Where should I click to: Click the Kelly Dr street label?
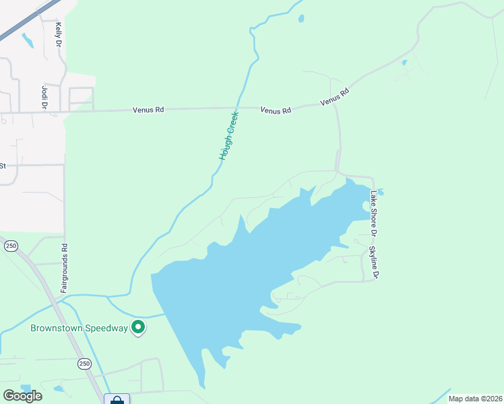pos(59,34)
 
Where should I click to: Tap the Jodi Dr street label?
pos(44,96)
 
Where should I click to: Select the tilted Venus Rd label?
pos(335,96)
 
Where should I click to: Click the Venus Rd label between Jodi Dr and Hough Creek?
pos(149,108)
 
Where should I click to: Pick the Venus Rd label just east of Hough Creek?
pos(276,110)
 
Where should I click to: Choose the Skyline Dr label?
pos(373,263)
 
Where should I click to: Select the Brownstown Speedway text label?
pos(79,329)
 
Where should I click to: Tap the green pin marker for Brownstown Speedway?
pos(138,327)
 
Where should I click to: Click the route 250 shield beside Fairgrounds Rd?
pos(11,246)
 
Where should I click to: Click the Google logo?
pos(22,395)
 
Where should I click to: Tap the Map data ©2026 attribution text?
pos(474,399)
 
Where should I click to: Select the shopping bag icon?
pos(117,399)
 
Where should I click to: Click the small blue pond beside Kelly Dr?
pos(28,40)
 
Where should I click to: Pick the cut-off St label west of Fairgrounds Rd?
pos(3,165)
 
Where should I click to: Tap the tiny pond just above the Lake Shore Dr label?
pos(380,191)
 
